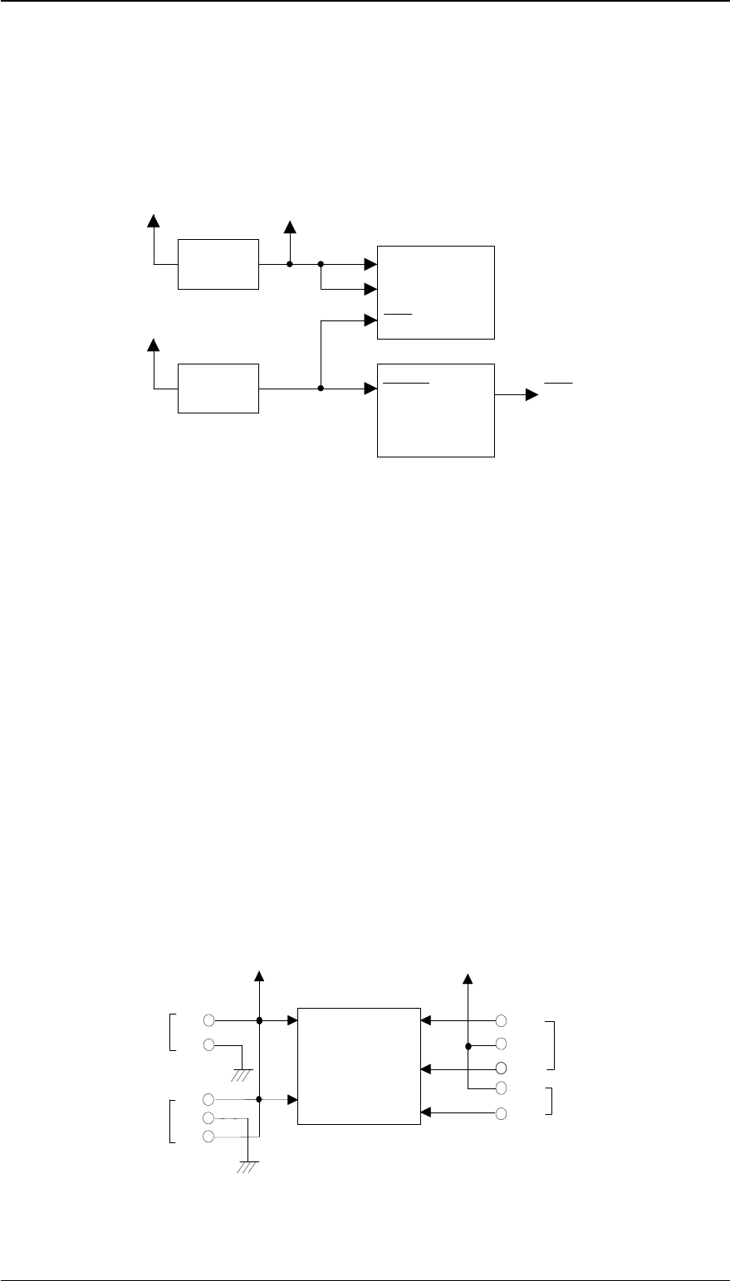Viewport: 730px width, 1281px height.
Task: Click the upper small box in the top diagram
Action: (x=218, y=264)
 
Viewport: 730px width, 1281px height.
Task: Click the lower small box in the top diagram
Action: (x=218, y=388)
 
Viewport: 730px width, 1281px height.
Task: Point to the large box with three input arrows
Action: (x=436, y=292)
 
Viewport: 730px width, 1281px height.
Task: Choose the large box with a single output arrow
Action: (x=436, y=410)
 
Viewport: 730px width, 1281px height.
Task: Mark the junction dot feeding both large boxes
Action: (x=321, y=388)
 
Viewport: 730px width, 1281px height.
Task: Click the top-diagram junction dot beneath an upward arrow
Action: (x=289, y=265)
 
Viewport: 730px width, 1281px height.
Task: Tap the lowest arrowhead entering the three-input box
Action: (x=371, y=318)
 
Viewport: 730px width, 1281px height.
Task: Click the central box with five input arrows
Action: (x=359, y=1066)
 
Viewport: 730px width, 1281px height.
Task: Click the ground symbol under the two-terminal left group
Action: (x=242, y=1073)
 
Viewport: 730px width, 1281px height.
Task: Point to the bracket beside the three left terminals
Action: (x=172, y=1121)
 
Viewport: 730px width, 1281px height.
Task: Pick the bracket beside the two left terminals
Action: (x=172, y=1032)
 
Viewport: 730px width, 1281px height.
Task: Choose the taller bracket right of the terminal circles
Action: (x=551, y=1044)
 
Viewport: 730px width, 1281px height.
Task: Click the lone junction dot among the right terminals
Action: (x=468, y=1045)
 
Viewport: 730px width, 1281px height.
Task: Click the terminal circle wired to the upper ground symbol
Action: (x=209, y=1044)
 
